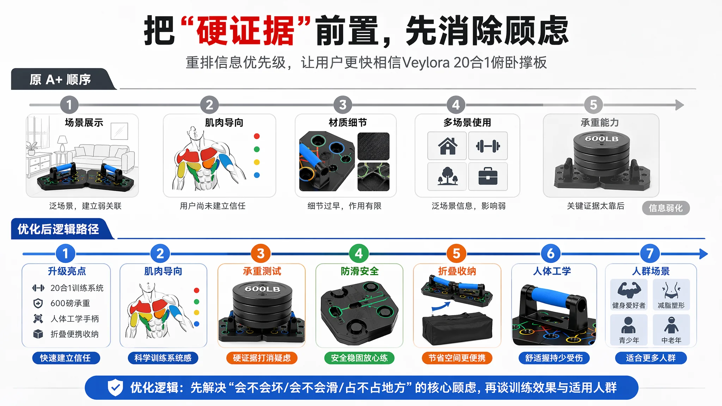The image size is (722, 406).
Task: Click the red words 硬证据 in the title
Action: (246, 31)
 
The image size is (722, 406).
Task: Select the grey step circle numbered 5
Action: (593, 105)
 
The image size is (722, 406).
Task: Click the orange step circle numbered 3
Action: (261, 253)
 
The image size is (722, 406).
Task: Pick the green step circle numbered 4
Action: (359, 253)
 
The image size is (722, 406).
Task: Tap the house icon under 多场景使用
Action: (447, 146)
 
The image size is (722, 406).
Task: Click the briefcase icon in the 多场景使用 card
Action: (488, 177)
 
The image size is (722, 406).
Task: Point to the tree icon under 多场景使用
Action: (447, 176)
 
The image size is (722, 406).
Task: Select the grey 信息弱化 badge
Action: (666, 208)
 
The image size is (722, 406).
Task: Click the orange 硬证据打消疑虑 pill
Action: (262, 358)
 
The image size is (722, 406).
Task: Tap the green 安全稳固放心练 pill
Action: (359, 358)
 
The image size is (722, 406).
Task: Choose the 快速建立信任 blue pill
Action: (66, 358)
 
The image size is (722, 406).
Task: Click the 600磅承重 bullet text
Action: (70, 303)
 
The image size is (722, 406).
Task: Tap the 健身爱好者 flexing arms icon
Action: (629, 290)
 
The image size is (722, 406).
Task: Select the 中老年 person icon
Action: (671, 325)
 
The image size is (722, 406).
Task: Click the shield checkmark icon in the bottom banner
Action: (115, 388)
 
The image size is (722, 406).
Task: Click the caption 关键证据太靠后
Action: (595, 206)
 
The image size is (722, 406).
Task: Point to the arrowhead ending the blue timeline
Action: (703, 254)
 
